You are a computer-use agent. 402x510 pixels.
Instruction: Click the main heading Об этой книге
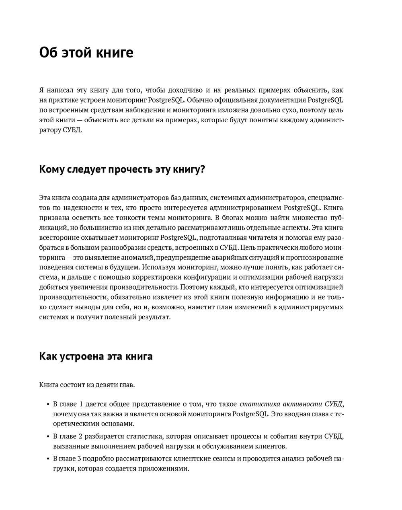coord(86,53)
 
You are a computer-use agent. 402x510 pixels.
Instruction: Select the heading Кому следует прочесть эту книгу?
coord(122,169)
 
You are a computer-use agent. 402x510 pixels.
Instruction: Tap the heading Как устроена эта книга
coord(96,356)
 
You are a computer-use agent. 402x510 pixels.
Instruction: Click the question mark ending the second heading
coord(202,169)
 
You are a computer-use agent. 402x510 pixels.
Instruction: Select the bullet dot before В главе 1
coord(48,404)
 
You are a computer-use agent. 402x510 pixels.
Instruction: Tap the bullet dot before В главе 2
coord(48,436)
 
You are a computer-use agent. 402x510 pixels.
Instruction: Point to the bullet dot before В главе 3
coord(48,459)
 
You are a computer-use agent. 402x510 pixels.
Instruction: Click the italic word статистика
coord(256,404)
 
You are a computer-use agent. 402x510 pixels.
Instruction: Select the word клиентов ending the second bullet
coord(271,446)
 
